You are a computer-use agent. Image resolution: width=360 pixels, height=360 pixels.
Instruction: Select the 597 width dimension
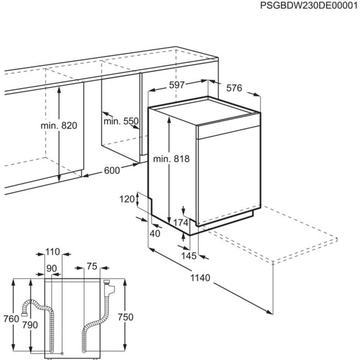177,85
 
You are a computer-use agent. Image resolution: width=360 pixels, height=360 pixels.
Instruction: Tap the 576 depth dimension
234,88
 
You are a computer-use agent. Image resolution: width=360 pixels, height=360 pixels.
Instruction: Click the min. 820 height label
59,126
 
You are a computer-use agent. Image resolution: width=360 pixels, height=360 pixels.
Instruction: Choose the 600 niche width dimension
112,171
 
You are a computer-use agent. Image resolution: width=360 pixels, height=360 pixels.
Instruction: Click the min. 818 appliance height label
171,159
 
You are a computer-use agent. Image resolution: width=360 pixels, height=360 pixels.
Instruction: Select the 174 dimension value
181,223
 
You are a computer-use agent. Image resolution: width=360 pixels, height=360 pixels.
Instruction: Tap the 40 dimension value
155,234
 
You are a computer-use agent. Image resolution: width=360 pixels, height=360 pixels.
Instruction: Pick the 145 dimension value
189,256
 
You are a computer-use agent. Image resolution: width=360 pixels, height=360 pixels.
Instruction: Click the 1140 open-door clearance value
200,278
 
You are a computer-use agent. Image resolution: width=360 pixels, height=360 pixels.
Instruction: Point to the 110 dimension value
53,252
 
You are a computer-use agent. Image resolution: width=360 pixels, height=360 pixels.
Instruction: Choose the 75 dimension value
92,266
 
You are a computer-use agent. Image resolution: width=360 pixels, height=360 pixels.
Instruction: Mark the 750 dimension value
126,317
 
